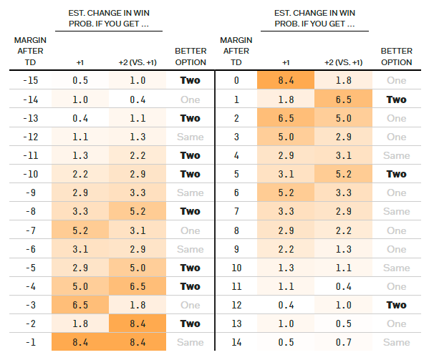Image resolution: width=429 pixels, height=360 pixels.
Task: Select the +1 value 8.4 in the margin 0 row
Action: (x=284, y=81)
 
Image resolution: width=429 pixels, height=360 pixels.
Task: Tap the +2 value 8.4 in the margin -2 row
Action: (x=137, y=323)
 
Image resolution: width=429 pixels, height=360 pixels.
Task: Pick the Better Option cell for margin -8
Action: (x=191, y=211)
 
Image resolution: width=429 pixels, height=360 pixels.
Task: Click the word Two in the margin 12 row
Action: (x=396, y=304)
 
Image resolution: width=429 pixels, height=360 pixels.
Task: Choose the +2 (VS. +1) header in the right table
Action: (x=342, y=62)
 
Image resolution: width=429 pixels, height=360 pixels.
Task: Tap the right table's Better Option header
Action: (x=396, y=56)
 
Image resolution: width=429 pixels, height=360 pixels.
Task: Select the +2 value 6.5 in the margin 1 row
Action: (x=342, y=99)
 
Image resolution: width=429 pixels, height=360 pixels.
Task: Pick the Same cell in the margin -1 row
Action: (x=191, y=341)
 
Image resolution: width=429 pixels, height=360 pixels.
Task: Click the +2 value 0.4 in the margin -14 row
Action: (x=137, y=99)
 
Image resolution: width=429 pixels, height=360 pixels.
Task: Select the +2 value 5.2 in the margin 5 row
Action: (x=342, y=174)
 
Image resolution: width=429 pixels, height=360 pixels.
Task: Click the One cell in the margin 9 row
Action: (x=396, y=248)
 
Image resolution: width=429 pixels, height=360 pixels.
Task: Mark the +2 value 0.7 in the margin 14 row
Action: (x=342, y=341)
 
